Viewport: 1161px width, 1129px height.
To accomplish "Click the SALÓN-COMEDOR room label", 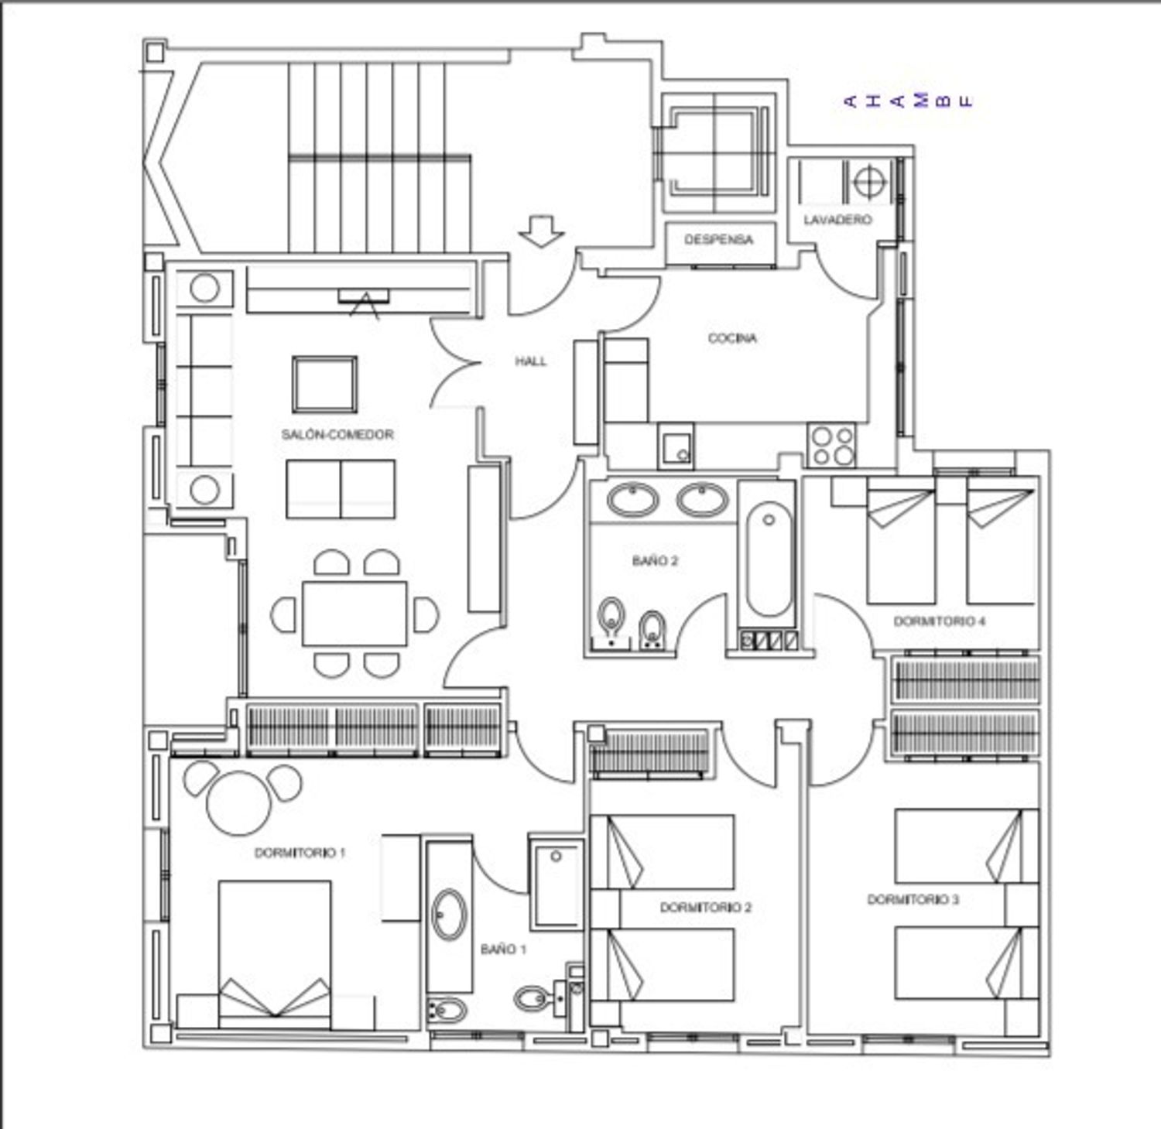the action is coord(337,435).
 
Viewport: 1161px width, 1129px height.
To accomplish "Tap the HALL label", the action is coord(531,361).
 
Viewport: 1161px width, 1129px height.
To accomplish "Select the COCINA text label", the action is coord(732,338).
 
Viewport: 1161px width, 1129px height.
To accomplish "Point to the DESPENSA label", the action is coord(718,239).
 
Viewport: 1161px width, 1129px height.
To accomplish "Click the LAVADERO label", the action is coord(837,220).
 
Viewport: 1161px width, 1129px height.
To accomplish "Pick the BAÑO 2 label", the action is coord(655,560).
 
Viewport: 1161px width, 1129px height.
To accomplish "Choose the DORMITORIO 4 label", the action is coord(940,621).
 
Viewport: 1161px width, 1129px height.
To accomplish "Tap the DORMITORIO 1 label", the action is coord(300,853).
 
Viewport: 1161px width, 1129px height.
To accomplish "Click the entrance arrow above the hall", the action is coord(541,231).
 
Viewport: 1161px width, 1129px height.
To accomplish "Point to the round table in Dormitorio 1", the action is coord(239,803).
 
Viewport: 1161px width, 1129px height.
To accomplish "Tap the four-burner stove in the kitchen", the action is coord(832,446).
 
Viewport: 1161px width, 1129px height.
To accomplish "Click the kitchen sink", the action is coord(676,446).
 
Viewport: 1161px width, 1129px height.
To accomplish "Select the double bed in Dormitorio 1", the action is coord(275,954).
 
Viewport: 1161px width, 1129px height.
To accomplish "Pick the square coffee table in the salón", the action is coord(325,385).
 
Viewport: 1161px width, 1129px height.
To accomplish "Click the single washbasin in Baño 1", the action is coord(449,915).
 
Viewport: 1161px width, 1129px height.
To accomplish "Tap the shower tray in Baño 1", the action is coord(556,881).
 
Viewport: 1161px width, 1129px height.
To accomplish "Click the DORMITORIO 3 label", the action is coord(913,899).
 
